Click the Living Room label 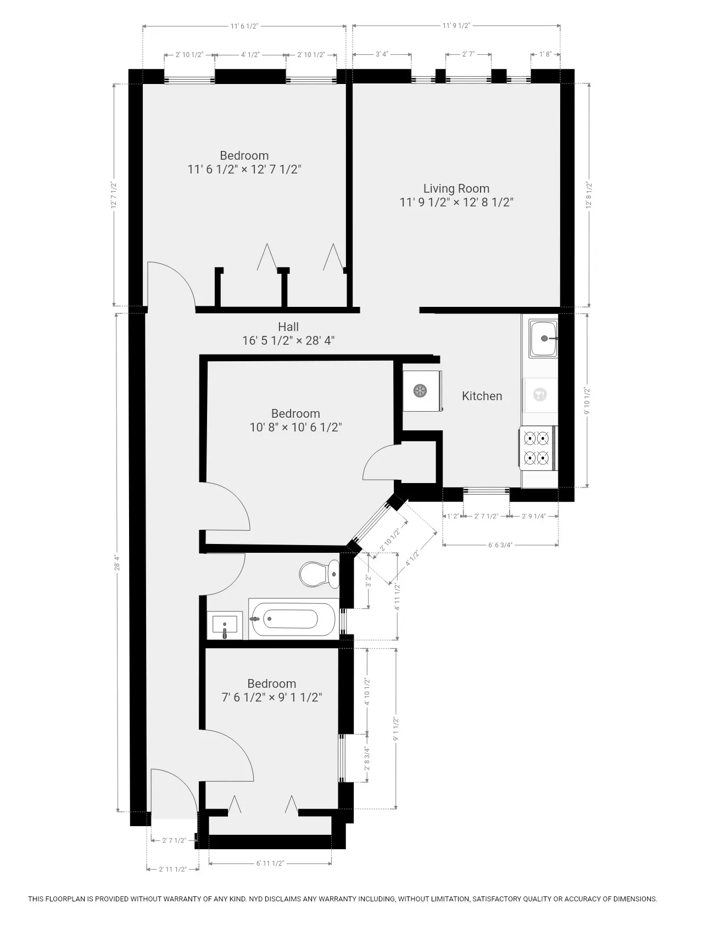coord(456,188)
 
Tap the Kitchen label coord(482,396)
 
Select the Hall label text coord(288,327)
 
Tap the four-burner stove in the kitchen coord(537,448)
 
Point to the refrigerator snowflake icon coord(420,391)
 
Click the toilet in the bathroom coord(319,574)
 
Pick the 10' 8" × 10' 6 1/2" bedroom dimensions coord(295,428)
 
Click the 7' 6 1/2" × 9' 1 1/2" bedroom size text coord(271,698)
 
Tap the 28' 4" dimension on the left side coord(116,564)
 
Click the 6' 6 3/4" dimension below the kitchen coord(500,545)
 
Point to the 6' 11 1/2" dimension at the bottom coord(270,863)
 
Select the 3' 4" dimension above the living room coord(382,54)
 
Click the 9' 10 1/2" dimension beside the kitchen coord(587,400)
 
